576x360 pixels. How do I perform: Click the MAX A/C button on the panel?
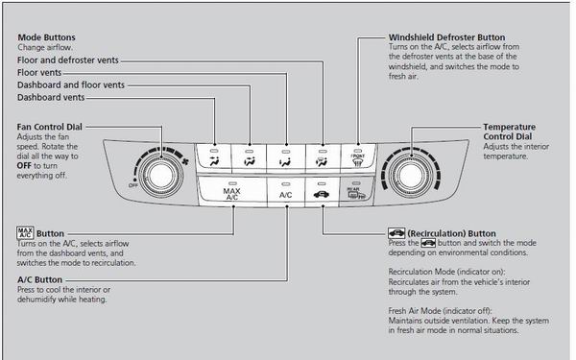click(x=232, y=191)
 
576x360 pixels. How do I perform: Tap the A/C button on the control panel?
click(x=286, y=191)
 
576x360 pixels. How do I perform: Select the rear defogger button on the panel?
click(x=356, y=192)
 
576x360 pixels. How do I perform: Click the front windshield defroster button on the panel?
click(x=358, y=158)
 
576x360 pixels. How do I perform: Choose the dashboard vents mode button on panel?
click(x=214, y=158)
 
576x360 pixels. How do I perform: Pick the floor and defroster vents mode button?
click(x=323, y=158)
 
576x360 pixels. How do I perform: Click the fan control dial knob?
click(x=160, y=176)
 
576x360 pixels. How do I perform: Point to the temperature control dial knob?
click(x=410, y=176)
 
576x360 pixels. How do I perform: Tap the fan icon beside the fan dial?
click(x=185, y=161)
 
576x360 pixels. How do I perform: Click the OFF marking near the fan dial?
click(x=133, y=185)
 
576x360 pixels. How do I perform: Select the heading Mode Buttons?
click(x=47, y=37)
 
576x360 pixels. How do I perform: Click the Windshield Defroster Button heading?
click(x=446, y=37)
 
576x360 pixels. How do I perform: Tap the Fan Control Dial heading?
click(x=50, y=127)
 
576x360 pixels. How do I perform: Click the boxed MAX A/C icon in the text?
click(x=25, y=233)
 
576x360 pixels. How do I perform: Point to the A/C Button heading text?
click(x=39, y=280)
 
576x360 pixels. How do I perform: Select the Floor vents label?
click(x=39, y=72)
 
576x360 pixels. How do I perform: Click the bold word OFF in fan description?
click(x=24, y=166)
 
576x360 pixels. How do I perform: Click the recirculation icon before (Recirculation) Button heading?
click(x=396, y=233)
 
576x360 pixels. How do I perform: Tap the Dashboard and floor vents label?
click(x=71, y=84)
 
